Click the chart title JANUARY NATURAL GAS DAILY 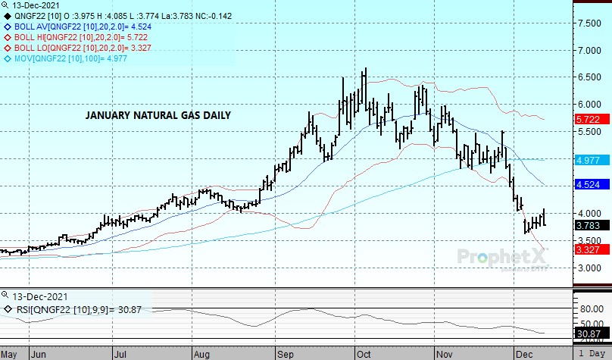158,116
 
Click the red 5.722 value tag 589,120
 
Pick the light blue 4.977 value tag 589,161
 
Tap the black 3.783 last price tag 589,225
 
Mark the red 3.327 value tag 589,250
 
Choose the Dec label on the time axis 522,353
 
